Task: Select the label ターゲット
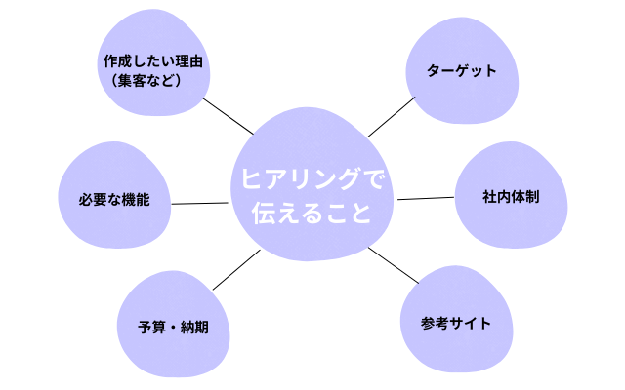462,71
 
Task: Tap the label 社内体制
511,197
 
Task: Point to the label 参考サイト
456,324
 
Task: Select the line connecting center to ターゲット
391,116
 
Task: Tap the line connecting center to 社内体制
426,198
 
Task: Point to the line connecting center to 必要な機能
200,203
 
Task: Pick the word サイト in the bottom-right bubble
471,324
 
